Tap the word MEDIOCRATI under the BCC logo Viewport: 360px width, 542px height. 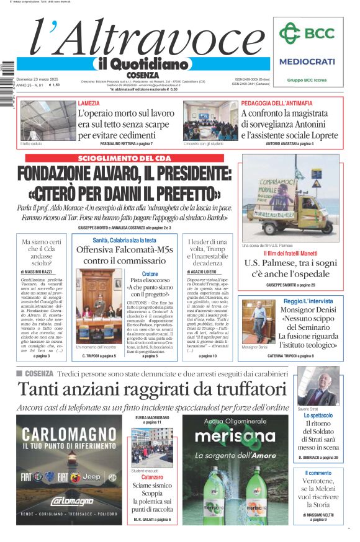307,61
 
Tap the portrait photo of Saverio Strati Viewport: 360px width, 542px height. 318,385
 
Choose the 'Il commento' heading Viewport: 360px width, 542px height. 318,473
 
